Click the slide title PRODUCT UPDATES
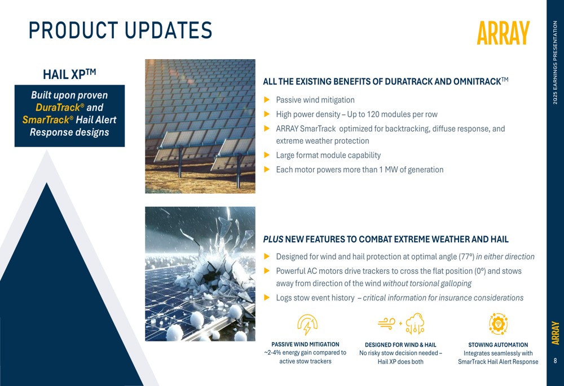point(121,30)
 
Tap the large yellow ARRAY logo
point(503,33)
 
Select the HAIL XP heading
point(69,74)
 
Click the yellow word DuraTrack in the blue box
point(58,108)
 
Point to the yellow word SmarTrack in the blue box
point(45,119)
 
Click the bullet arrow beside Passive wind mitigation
point(267,100)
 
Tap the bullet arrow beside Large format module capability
point(267,155)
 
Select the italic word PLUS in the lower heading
point(274,239)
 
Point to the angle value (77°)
point(466,256)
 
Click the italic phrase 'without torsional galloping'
point(427,283)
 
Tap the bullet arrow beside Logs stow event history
point(267,298)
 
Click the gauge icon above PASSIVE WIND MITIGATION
point(307,325)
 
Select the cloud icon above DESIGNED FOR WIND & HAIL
point(415,323)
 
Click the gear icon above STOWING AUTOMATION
point(498,324)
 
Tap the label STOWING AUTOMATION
point(498,345)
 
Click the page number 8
point(556,361)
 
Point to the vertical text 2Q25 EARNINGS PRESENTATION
point(556,63)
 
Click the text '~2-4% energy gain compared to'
point(305,353)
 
